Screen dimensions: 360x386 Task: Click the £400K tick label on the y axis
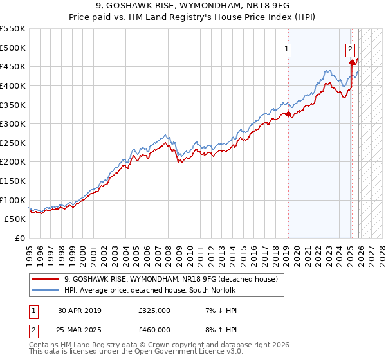(13, 85)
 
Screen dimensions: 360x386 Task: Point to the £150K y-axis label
(13, 181)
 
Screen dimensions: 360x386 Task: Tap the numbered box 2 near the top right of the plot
(350, 48)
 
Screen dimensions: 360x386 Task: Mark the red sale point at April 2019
(289, 114)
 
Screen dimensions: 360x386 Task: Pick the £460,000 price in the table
(154, 330)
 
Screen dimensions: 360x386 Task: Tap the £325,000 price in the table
(154, 310)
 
